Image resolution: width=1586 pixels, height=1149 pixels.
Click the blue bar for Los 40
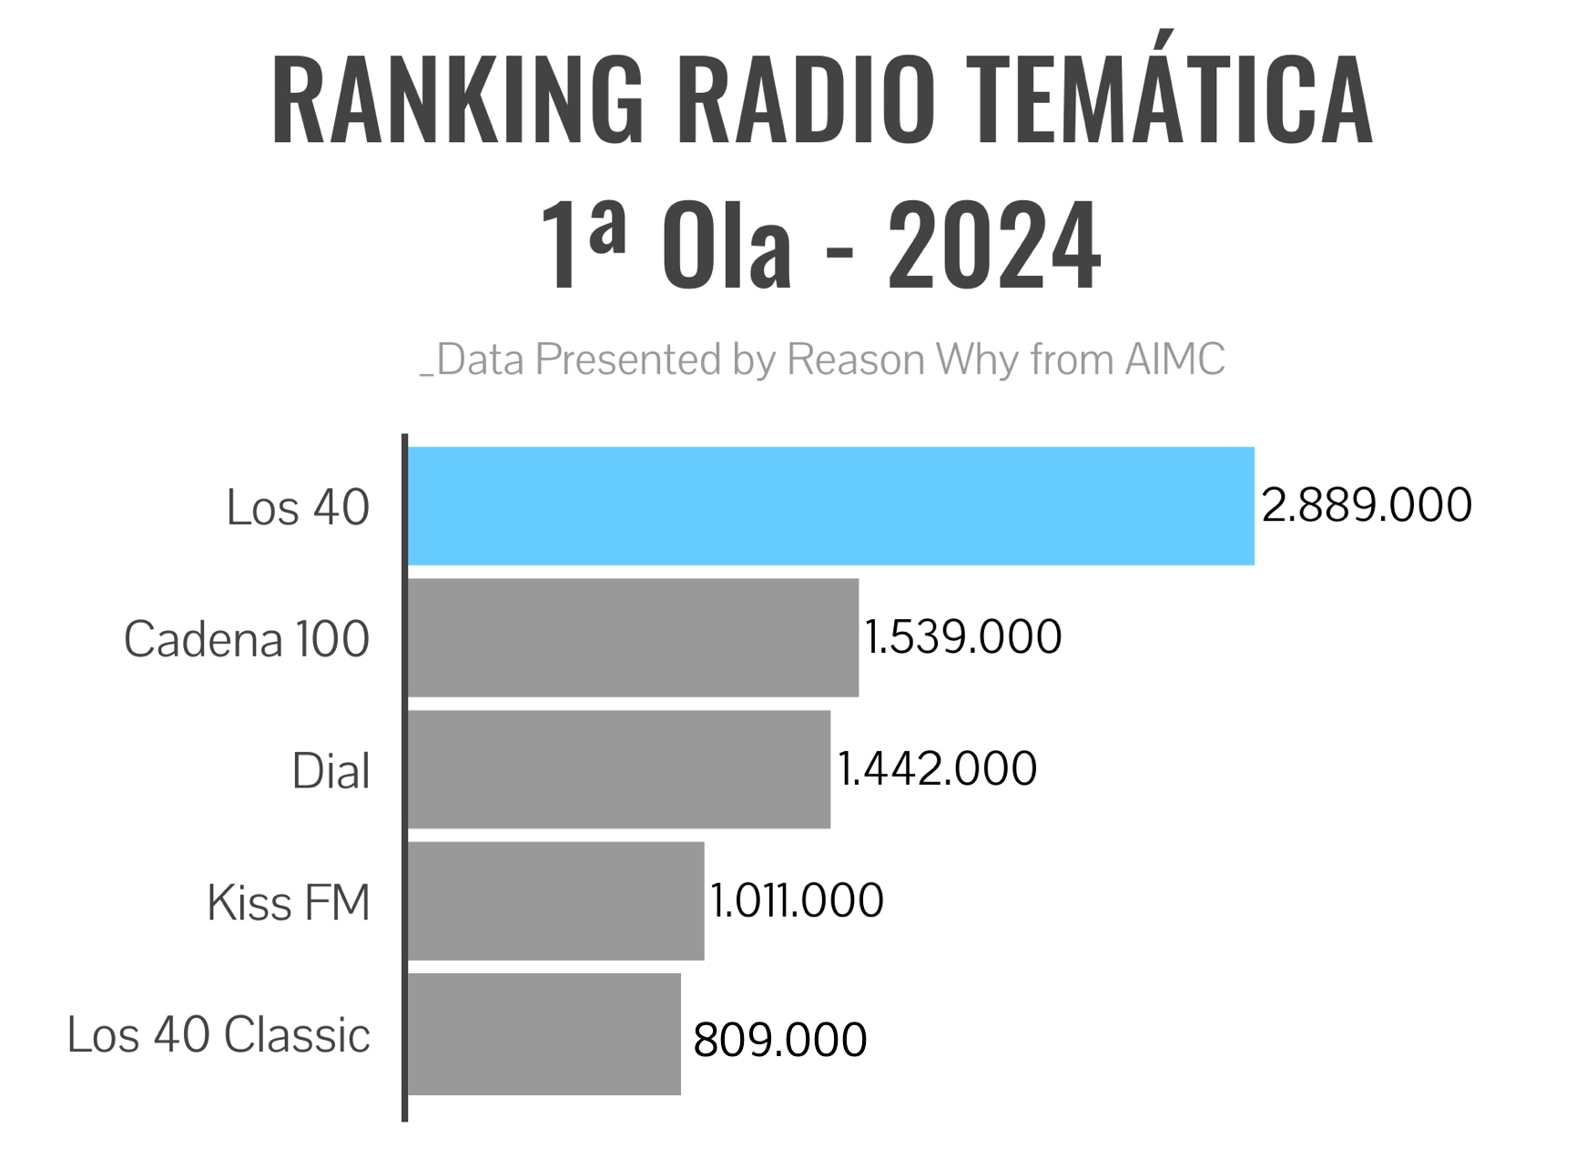point(830,506)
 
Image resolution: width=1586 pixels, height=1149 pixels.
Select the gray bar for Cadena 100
point(633,637)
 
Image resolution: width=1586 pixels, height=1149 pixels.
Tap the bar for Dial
point(619,769)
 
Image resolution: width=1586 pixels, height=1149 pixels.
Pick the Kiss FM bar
point(555,900)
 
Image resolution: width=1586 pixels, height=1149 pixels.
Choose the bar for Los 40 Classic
point(544,1034)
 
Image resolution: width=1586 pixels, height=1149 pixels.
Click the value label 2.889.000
point(1366,505)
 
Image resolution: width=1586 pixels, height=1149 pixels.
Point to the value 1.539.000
point(962,637)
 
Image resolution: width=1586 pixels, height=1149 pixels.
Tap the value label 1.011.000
point(797,901)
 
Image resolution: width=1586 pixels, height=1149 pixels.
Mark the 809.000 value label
point(779,1040)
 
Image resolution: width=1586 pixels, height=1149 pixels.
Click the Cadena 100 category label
point(246,639)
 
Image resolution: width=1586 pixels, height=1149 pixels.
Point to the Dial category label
point(330,771)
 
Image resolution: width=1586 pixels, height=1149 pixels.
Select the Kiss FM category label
point(289,903)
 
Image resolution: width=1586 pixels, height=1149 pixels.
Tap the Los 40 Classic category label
point(219,1035)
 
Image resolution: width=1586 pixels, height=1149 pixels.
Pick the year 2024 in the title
point(994,246)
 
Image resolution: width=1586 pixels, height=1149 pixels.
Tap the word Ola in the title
point(727,246)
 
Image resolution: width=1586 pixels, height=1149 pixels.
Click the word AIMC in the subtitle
point(1174,360)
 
